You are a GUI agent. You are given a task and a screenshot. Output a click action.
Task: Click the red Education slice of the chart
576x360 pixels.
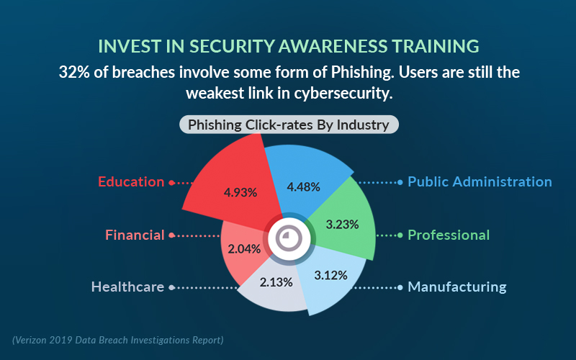[235, 184]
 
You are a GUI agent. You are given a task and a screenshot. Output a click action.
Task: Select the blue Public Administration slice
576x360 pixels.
[305, 180]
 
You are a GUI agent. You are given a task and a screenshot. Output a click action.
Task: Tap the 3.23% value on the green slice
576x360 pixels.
[343, 225]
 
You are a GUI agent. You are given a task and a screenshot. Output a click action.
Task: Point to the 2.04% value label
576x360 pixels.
[244, 249]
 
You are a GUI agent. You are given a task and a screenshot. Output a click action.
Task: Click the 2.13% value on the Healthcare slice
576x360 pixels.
[276, 282]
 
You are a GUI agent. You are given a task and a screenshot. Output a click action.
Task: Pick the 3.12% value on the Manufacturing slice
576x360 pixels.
[330, 275]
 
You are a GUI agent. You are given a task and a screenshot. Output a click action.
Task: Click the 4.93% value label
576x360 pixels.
[240, 192]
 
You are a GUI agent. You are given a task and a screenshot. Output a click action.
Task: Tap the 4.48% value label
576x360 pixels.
[303, 187]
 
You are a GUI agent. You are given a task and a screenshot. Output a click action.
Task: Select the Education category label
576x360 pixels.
[131, 182]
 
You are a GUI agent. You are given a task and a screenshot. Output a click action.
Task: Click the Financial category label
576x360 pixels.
[135, 235]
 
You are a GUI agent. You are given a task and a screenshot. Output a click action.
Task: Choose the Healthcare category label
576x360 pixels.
[127, 287]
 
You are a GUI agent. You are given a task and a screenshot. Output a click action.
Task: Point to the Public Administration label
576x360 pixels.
[480, 182]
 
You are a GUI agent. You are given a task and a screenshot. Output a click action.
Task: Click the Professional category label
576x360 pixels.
[449, 235]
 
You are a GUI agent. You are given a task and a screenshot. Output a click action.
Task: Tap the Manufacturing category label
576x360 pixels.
[457, 287]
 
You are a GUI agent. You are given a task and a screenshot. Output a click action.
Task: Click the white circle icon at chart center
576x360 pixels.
[289, 239]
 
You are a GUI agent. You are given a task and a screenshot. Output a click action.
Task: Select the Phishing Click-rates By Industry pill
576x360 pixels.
[289, 125]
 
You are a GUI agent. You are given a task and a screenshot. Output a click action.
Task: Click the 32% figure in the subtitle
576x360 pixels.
[74, 73]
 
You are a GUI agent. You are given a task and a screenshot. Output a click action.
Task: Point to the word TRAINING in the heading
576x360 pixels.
[436, 46]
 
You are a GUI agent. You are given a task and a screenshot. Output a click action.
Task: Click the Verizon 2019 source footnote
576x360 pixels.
[118, 340]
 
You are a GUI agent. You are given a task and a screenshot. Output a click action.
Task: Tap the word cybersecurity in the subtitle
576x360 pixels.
[343, 94]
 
